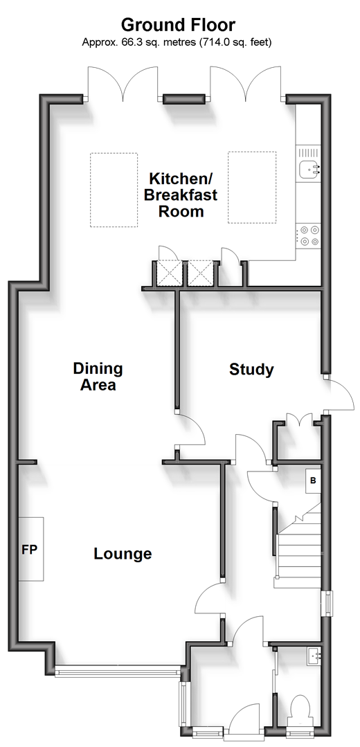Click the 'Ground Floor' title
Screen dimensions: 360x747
tap(178, 24)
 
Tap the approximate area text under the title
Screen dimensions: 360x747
tap(177, 42)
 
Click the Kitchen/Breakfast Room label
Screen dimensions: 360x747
tap(181, 195)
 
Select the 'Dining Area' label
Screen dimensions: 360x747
tap(98, 377)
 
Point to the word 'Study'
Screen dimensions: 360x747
tap(251, 370)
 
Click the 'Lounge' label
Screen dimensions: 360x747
tap(123, 554)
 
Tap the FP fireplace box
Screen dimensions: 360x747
tap(31, 549)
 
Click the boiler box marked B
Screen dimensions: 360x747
tap(314, 480)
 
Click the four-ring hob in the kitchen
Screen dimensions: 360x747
tap(309, 235)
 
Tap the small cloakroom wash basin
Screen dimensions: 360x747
tap(314, 656)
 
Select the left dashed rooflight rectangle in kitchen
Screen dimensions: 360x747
tap(114, 190)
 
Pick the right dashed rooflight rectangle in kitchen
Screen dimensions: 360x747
tap(252, 187)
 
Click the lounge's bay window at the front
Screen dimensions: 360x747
tap(117, 672)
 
